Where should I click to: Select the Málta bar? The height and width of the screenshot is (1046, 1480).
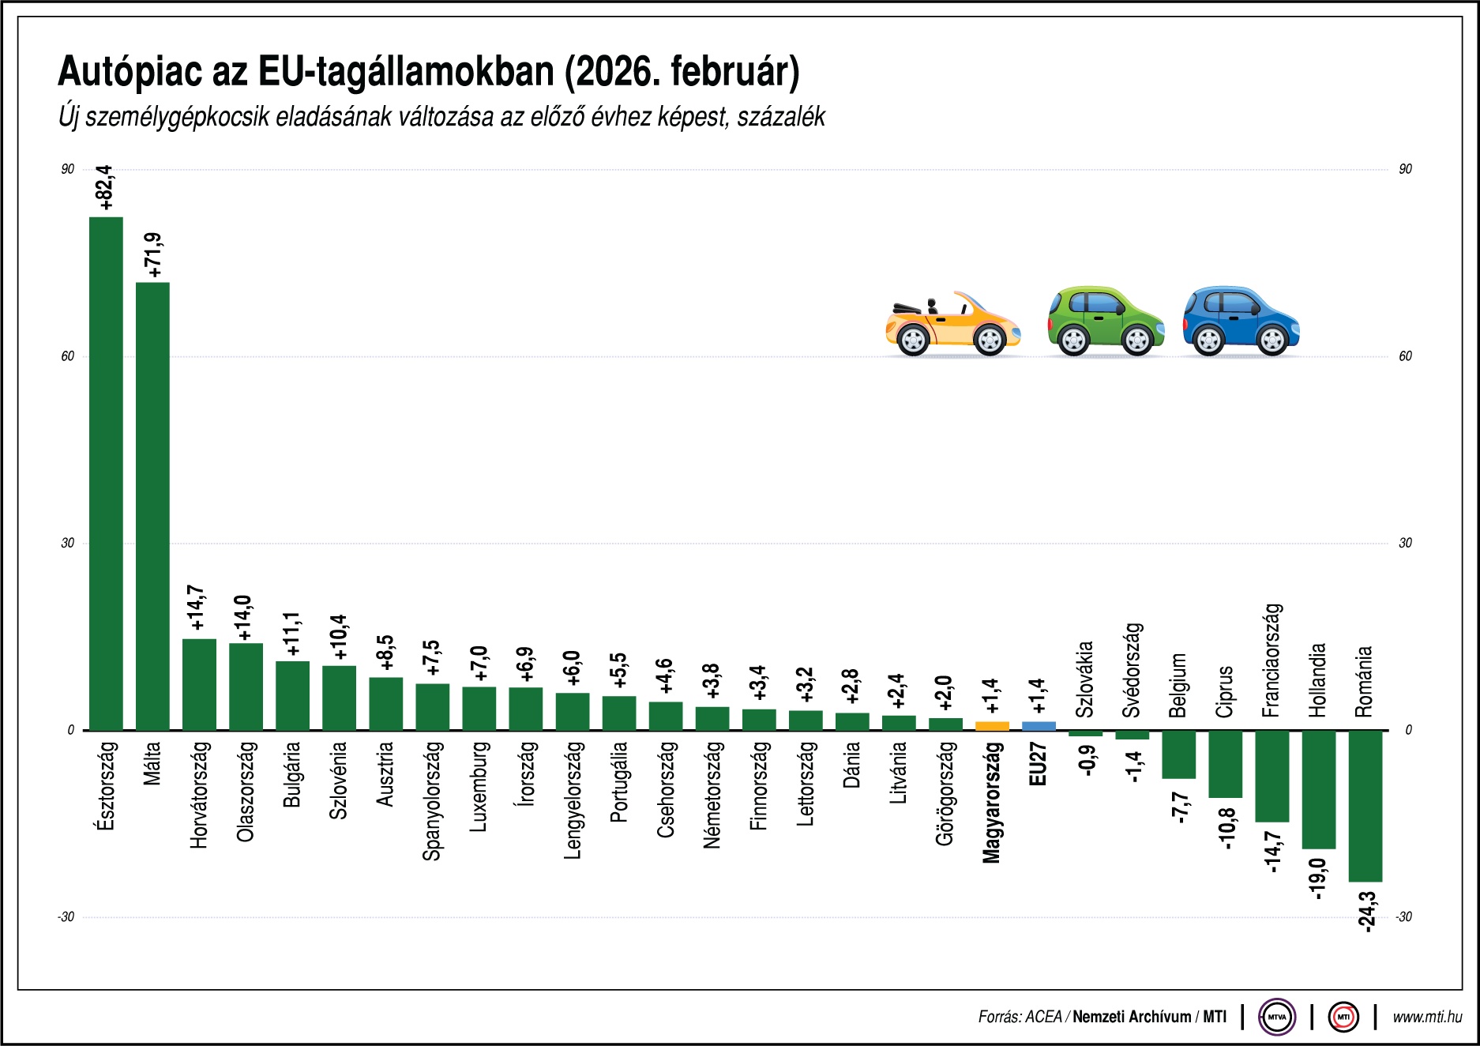tap(152, 506)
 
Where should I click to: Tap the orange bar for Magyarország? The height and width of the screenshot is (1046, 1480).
tap(992, 725)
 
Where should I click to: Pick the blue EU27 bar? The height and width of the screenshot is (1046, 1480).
tap(1039, 725)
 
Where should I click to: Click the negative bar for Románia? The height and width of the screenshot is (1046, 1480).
tap(1365, 805)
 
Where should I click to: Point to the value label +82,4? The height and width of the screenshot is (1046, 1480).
tap(106, 188)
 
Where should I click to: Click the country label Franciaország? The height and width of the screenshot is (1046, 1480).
tap(1272, 660)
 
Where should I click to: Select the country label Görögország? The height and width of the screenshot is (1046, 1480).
tap(945, 793)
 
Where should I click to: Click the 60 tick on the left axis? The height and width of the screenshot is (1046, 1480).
tap(68, 356)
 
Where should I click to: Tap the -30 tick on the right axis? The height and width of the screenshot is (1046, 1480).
tap(1403, 917)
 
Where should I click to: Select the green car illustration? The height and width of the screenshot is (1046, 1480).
tap(1104, 320)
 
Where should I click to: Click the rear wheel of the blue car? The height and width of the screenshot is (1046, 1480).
tap(1208, 341)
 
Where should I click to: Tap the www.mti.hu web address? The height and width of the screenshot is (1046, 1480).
tap(1427, 1017)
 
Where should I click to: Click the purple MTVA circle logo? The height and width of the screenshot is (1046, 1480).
tap(1277, 1017)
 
